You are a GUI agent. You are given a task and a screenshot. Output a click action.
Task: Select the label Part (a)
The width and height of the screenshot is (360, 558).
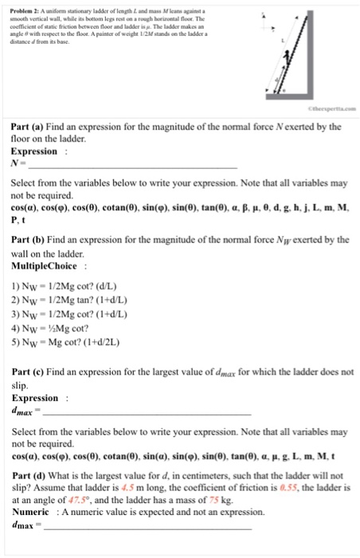pos(31,125)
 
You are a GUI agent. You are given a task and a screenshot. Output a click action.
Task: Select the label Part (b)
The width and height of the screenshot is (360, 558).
pos(31,238)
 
